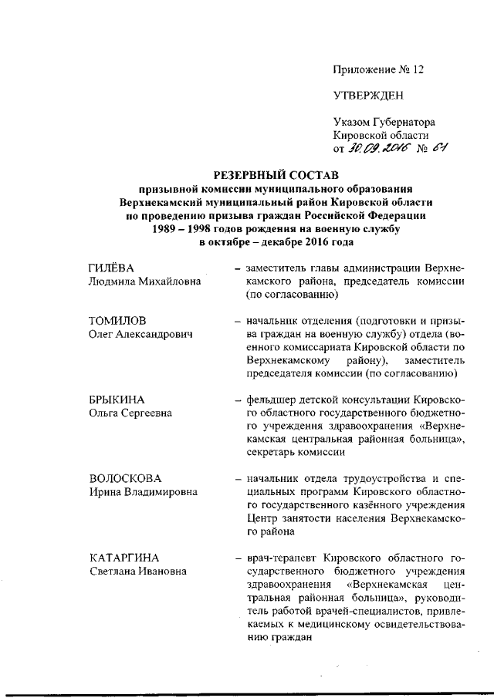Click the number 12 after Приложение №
coord(418,69)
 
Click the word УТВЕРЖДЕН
coord(367,96)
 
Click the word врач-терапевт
coord(283,558)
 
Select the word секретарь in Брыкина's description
coord(272,454)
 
